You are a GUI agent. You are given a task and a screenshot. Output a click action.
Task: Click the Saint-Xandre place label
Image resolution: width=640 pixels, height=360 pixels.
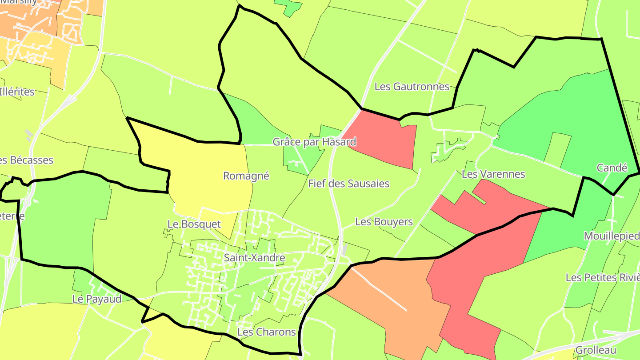[254, 258]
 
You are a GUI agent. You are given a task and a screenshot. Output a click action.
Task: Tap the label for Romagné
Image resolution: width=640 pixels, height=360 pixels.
[246, 176]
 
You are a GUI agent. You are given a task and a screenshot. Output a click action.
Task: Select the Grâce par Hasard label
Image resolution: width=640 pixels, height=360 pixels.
[314, 142]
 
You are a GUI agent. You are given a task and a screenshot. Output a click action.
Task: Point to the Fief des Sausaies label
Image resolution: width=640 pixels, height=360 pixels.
[348, 184]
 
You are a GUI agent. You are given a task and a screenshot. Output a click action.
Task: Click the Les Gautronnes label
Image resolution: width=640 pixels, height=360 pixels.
[412, 87]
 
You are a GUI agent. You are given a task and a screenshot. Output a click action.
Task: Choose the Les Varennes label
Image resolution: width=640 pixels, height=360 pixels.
[493, 174]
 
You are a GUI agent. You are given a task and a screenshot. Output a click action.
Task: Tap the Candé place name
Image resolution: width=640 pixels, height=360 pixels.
[612, 168]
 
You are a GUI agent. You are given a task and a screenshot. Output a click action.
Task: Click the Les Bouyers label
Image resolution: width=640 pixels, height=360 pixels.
[384, 222]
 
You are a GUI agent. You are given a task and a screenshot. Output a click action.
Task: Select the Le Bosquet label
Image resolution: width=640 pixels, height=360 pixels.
[194, 224]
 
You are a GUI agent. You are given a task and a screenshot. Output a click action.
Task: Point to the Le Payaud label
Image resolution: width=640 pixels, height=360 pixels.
[97, 300]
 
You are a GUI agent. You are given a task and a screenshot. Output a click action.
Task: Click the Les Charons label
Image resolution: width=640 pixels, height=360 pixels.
[266, 332]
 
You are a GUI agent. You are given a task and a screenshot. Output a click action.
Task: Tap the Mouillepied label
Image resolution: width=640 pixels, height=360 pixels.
[612, 236]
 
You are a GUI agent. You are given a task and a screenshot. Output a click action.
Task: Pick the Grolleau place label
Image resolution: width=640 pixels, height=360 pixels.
[596, 350]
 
